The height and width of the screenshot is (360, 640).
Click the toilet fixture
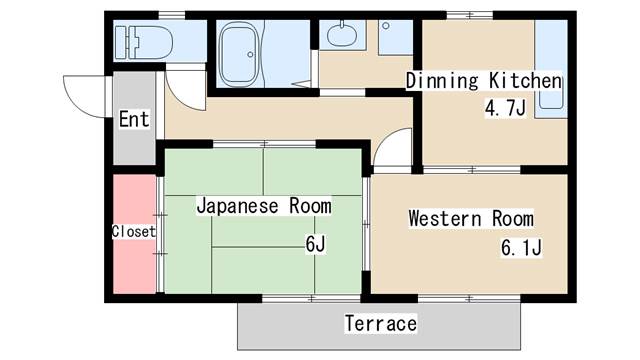[144, 42]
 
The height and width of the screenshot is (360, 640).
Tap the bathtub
[239, 54]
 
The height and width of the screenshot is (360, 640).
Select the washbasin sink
[342, 35]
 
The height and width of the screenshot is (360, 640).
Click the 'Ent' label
[134, 120]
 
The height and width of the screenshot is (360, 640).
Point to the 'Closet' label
[134, 231]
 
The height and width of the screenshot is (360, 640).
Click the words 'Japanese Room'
[264, 206]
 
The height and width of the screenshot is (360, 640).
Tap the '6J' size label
[316, 244]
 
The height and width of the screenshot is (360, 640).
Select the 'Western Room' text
[471, 218]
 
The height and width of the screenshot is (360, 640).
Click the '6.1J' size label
[521, 247]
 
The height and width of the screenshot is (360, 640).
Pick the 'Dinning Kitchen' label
[484, 81]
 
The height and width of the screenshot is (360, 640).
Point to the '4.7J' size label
[505, 108]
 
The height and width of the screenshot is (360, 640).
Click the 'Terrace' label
[381, 323]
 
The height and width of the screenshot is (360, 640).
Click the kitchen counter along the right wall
[551, 69]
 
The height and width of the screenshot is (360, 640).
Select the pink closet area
[134, 234]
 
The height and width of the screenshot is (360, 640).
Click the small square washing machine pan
[396, 38]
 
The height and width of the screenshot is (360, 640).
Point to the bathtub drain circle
[250, 54]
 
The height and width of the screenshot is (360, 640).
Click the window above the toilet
[172, 16]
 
